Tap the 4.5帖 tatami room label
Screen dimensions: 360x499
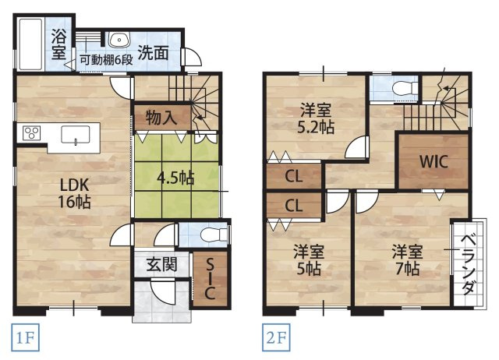(x=175, y=177)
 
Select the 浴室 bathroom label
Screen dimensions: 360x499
(x=59, y=44)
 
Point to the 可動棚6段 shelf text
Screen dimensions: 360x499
(x=104, y=60)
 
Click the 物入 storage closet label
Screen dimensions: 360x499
(x=160, y=118)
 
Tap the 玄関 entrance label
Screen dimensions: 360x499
(x=161, y=264)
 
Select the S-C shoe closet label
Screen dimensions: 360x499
(x=208, y=279)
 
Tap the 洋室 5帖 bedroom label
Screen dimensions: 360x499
(x=309, y=260)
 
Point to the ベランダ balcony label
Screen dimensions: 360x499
(x=466, y=265)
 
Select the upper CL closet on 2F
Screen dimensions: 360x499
(x=293, y=175)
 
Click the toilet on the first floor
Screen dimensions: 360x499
(x=207, y=235)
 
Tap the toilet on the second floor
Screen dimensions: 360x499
(x=398, y=87)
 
